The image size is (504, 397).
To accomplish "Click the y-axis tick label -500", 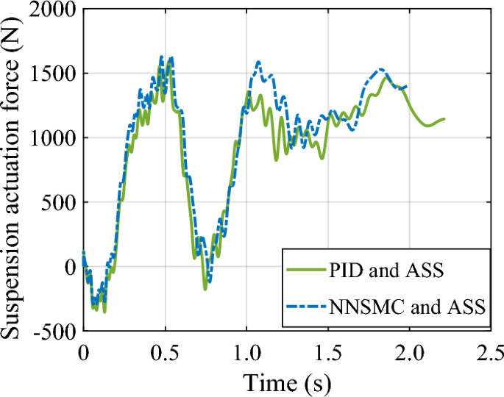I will (56, 331).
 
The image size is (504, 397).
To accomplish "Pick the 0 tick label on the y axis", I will (71, 267).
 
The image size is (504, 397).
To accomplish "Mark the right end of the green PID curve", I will (444, 119).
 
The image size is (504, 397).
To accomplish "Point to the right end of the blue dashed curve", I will (407, 87).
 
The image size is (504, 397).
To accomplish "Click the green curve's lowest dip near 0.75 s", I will (205, 290).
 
